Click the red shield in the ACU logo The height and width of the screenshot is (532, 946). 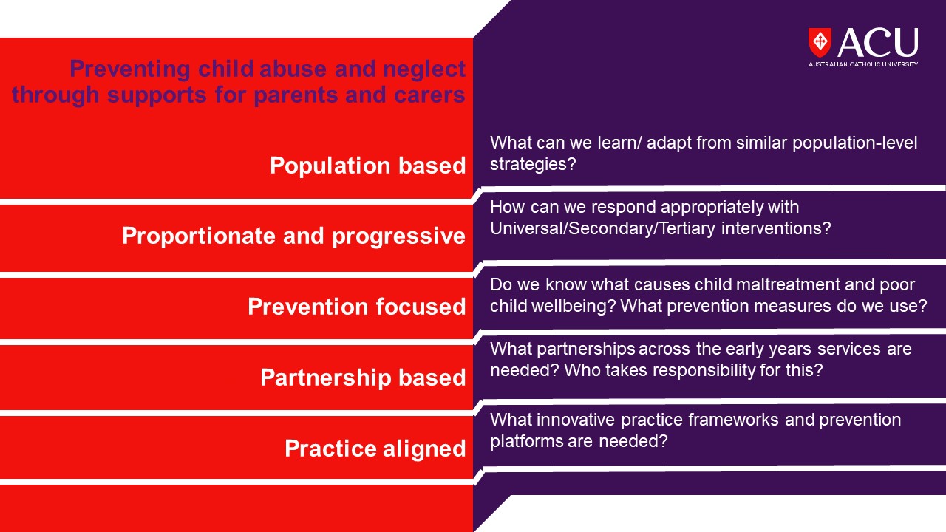820,42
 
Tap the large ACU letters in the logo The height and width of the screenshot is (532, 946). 877,43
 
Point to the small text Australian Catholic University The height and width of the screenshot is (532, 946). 863,64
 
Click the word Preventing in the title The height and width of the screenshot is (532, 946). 130,69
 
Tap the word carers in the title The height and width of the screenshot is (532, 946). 429,95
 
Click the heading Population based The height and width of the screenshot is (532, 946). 368,166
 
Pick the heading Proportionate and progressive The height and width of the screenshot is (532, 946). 294,236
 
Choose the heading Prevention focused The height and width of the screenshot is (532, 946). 357,307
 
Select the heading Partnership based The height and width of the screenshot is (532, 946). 363,378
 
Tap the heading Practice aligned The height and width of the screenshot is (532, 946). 375,449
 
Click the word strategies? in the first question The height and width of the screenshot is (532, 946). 533,165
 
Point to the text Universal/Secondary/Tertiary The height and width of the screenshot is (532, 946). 602,229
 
